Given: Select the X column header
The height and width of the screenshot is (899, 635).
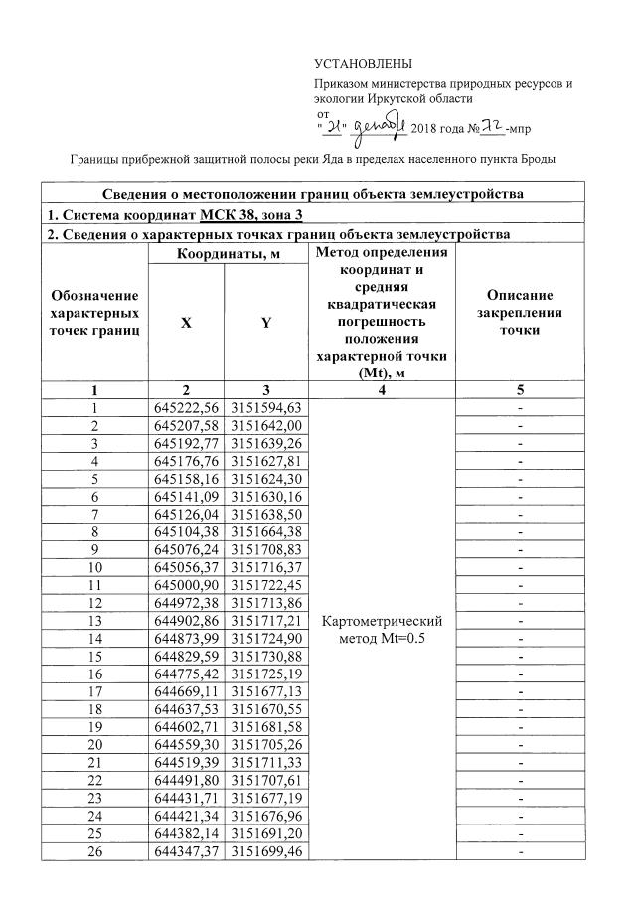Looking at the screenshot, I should [x=186, y=323].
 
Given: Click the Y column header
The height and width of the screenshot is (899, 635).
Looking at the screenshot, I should [x=265, y=323].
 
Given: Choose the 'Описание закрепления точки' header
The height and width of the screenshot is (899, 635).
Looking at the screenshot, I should [x=519, y=312].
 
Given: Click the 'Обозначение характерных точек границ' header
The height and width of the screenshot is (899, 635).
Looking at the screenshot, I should [x=94, y=312].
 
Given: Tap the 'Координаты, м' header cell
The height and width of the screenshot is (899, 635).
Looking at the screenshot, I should [x=226, y=254].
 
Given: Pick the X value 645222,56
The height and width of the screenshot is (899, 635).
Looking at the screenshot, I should [x=186, y=408].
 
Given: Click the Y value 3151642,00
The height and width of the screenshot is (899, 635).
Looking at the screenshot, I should [x=265, y=425].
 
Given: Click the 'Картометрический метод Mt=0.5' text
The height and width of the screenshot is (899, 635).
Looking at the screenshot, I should [x=382, y=629].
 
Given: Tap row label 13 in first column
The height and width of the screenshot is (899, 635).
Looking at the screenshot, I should [x=95, y=620].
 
